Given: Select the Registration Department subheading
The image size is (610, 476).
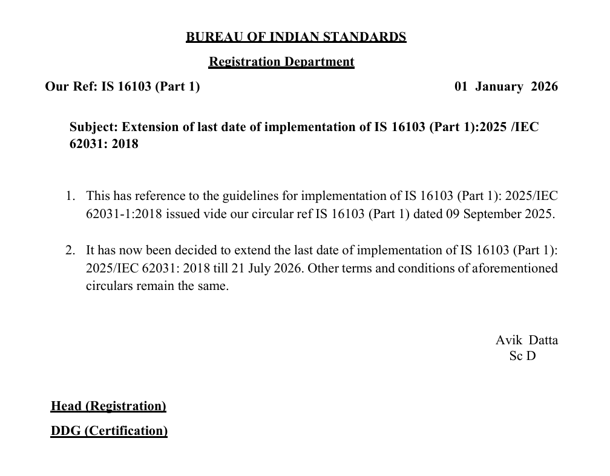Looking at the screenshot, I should pos(281,62).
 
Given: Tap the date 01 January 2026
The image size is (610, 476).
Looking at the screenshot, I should pos(506,86).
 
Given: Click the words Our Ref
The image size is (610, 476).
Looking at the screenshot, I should pos(71,86).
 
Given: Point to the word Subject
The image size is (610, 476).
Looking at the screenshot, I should pos(93,127).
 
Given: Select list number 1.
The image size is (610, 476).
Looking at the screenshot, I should pos(70,196).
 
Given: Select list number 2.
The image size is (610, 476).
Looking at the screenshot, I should pos(70,250).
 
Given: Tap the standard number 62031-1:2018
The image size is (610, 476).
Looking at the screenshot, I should pos(124,214).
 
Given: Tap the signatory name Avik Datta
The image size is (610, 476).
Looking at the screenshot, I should pos(526,340).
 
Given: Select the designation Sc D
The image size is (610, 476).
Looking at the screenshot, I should pos(522,356).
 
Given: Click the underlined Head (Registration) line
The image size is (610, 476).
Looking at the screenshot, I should pos(108,406).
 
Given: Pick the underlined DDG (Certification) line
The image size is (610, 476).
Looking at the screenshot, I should pos(109,431).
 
